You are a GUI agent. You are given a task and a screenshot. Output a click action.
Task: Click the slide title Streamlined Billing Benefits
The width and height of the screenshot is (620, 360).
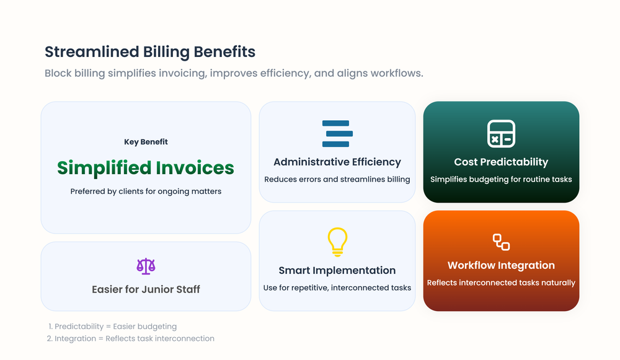[150, 51]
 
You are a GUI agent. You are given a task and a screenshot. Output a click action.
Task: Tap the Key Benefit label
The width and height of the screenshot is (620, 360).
[146, 142]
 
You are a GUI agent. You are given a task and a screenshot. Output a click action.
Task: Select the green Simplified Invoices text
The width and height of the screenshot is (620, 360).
[146, 168]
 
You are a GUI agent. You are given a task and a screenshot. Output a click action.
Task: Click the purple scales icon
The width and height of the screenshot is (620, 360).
[146, 266]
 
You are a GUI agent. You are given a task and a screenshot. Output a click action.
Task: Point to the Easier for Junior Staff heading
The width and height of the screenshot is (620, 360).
[146, 289]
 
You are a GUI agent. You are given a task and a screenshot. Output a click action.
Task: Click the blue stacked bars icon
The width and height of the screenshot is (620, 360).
[337, 134]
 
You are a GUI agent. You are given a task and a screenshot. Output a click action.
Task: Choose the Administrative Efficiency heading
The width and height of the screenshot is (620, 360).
[337, 162]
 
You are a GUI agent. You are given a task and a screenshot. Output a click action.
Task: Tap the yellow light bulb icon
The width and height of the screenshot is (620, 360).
[337, 242]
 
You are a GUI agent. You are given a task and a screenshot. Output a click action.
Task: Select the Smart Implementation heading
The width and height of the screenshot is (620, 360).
[337, 270]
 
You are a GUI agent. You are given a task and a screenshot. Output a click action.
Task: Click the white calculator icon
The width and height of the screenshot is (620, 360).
[501, 134]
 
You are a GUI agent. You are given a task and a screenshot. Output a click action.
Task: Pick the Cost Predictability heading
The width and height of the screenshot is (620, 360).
[501, 162]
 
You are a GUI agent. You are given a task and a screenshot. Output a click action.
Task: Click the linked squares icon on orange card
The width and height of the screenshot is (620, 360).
[501, 242]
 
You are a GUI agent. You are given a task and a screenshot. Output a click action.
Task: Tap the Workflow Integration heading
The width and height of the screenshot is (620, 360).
[501, 265]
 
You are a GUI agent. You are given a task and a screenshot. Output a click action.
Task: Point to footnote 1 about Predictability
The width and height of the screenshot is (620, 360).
[112, 326]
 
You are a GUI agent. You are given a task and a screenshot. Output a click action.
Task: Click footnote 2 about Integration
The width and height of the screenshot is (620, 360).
[130, 338]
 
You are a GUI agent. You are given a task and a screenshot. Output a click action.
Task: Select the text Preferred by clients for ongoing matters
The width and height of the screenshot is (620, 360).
[146, 191]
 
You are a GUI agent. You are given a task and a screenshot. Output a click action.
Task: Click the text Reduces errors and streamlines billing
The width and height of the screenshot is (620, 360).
[337, 180]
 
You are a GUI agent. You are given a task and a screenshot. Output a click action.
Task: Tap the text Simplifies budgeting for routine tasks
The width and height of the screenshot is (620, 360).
[501, 180]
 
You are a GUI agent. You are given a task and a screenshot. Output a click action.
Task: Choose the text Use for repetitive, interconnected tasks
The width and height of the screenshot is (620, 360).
[337, 288]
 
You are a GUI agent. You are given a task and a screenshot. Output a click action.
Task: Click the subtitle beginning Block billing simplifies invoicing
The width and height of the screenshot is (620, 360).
[234, 73]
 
